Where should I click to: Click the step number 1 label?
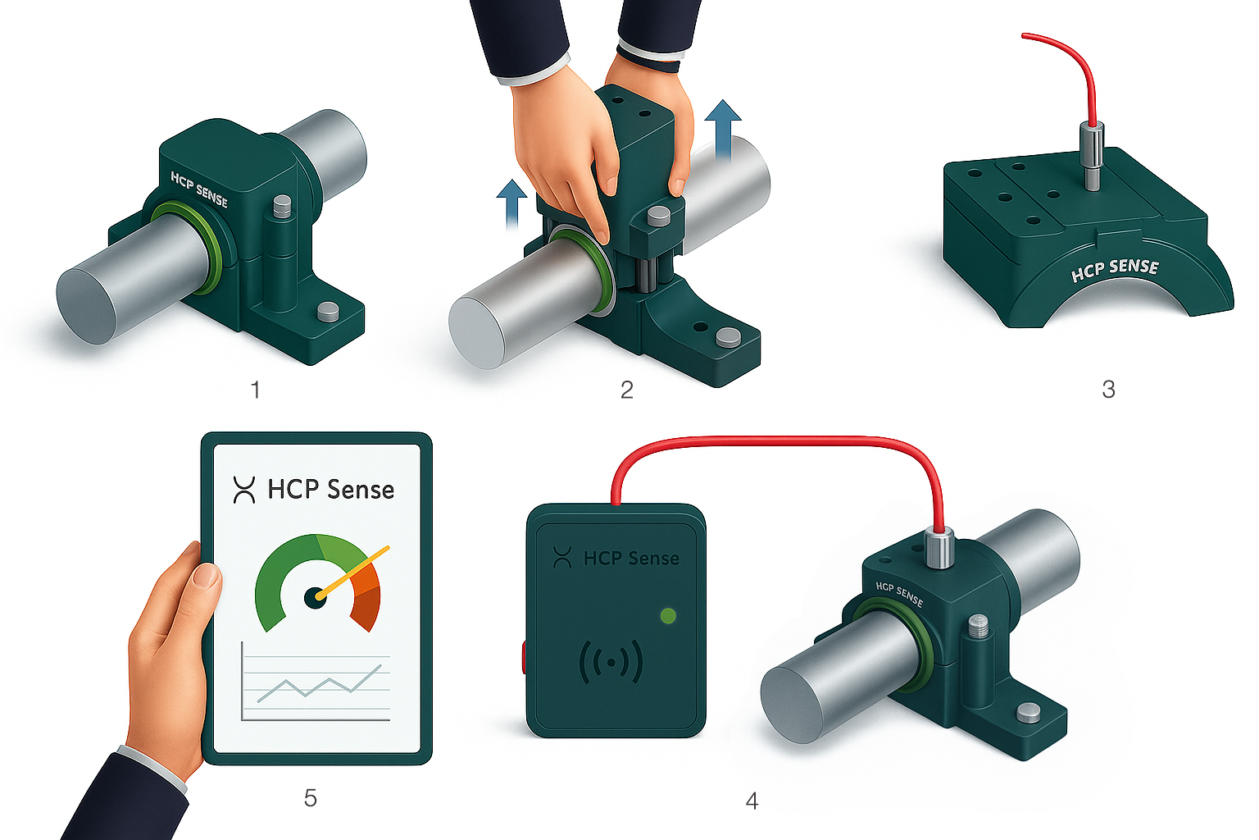(x=256, y=390)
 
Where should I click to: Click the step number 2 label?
(x=627, y=390)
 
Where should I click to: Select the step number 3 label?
(x=1108, y=390)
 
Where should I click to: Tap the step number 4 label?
(x=752, y=800)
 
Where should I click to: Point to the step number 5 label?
(x=311, y=798)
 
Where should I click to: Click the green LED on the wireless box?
(x=668, y=615)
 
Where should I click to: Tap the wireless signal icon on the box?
(x=611, y=662)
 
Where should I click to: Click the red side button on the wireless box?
(x=525, y=657)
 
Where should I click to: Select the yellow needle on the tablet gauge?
(x=352, y=571)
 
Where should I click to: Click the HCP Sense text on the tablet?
(x=330, y=490)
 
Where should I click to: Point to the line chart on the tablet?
(x=316, y=682)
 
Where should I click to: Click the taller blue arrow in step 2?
(x=723, y=130)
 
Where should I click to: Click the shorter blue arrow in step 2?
(x=511, y=203)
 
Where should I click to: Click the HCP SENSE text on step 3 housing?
(x=1115, y=270)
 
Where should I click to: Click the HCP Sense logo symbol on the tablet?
(x=244, y=490)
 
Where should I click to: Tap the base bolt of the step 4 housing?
(x=1029, y=712)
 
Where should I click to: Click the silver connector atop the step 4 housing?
(x=939, y=546)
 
